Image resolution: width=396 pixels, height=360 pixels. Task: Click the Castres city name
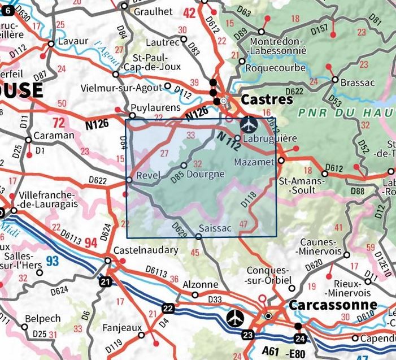pos(267,99)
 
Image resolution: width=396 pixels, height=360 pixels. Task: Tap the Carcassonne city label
pos(325,305)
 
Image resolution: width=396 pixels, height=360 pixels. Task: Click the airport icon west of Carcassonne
pos(234,318)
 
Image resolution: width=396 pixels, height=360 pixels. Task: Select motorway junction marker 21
pos(107,281)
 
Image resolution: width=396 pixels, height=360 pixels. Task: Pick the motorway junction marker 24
pos(299,338)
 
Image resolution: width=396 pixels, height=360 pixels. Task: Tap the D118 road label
pos(248,199)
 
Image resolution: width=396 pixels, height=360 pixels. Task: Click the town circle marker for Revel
pos(129,180)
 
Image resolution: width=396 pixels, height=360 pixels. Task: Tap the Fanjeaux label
pos(121,328)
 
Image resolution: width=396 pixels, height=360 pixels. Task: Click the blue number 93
pos(52,261)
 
